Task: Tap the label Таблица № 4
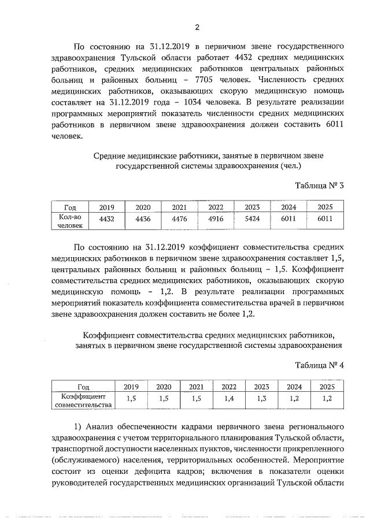pos(319,365)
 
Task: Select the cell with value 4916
pos(216,220)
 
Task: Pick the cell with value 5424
pos(252,220)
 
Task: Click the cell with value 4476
pos(179,220)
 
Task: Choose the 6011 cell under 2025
pos(325,220)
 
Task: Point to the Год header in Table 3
pos(71,207)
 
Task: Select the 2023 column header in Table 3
pos(252,207)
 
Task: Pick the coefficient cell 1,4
pos(229,399)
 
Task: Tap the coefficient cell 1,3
pos(262,399)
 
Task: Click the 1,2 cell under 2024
pos(294,399)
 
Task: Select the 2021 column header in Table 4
pos(197,387)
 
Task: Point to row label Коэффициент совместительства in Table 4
pos(83,400)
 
